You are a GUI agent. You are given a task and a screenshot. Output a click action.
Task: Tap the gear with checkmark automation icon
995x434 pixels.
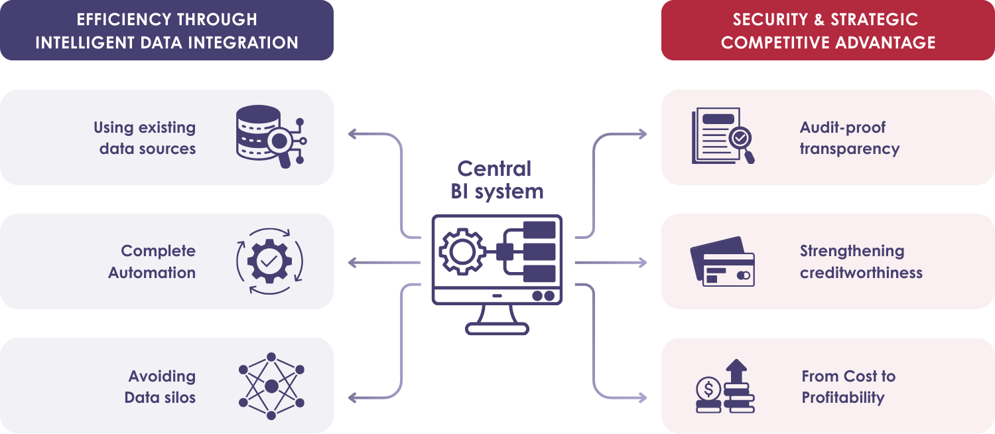click(x=269, y=261)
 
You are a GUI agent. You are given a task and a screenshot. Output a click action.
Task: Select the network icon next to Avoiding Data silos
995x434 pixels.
click(x=271, y=386)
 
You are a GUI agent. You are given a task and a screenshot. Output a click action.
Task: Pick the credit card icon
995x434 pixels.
click(x=722, y=261)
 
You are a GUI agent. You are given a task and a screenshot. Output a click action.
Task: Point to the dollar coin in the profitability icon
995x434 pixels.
click(x=708, y=388)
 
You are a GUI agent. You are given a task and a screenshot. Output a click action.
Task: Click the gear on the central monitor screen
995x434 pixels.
click(x=462, y=252)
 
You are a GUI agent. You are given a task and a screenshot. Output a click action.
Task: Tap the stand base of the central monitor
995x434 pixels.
click(x=497, y=328)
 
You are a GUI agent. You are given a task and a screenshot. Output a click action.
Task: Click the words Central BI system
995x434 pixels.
click(x=497, y=180)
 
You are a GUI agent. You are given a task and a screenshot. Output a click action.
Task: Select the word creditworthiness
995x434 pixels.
click(x=860, y=273)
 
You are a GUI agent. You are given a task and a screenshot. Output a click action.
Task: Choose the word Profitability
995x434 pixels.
click(x=842, y=398)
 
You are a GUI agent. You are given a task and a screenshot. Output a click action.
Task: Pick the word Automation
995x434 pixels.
click(x=152, y=273)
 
